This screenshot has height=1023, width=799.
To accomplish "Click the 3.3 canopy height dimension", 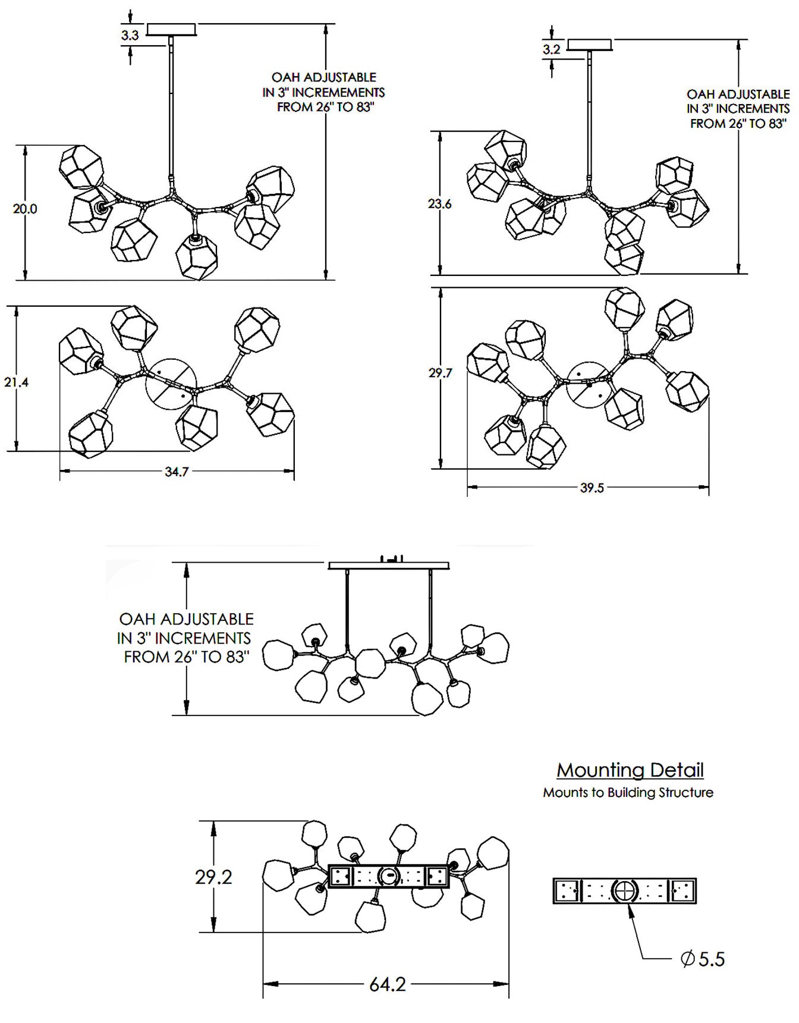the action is click(x=130, y=35).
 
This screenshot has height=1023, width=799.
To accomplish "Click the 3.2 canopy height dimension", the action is click(x=552, y=49).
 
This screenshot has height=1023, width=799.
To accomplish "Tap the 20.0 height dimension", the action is click(x=25, y=209).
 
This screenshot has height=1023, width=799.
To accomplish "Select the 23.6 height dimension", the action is click(x=440, y=204).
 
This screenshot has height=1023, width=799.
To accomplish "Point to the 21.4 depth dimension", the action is click(x=16, y=382).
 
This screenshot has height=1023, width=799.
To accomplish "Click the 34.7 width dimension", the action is click(x=177, y=472).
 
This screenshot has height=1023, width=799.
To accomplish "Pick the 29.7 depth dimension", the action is click(x=440, y=373).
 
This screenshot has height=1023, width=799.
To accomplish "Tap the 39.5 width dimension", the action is click(x=592, y=488).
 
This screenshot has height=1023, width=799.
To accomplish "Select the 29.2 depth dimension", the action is click(x=213, y=877).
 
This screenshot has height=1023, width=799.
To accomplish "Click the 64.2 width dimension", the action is click(x=388, y=984).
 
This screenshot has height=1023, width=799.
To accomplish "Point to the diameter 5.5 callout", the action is click(x=703, y=959).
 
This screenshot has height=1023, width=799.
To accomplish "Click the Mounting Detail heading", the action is click(x=630, y=770).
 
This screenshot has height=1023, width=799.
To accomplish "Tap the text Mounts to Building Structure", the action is click(x=628, y=792).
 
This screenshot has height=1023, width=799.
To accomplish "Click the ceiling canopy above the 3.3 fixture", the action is click(x=171, y=30).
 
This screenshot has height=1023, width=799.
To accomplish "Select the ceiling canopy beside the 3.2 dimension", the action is click(x=590, y=45).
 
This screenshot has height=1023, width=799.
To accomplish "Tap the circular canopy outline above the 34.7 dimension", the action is click(x=171, y=384).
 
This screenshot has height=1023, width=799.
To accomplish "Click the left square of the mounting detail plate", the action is click(x=567, y=891).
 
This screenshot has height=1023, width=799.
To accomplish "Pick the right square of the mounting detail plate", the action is click(x=682, y=891).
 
